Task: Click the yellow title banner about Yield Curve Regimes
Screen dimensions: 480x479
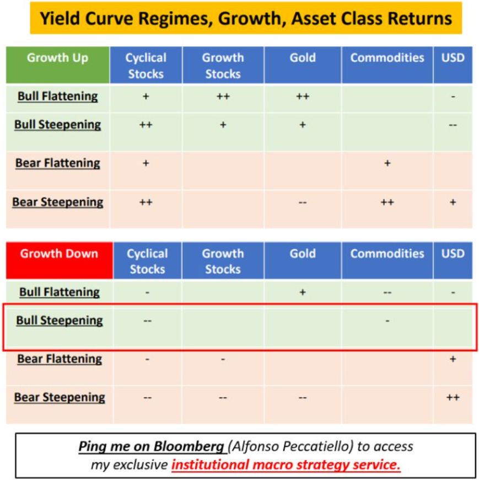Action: (x=245, y=18)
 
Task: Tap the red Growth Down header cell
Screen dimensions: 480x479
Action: (x=59, y=254)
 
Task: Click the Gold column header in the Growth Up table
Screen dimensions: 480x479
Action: (x=303, y=58)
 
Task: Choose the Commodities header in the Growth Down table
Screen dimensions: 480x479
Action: (x=387, y=254)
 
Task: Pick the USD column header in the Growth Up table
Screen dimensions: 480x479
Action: (x=453, y=58)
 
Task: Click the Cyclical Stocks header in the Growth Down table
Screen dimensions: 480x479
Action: (x=147, y=261)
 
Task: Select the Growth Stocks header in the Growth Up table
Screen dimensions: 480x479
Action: (x=223, y=65)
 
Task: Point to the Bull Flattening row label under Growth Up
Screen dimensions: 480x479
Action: (x=57, y=97)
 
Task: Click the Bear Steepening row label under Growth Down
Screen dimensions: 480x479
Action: (x=59, y=397)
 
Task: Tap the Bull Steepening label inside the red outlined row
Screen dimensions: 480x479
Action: (x=59, y=321)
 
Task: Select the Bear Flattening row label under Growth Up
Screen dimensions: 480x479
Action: (x=57, y=163)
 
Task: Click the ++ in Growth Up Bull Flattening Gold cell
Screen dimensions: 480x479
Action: (x=303, y=97)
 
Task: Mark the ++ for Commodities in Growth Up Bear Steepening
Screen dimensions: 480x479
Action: (x=387, y=202)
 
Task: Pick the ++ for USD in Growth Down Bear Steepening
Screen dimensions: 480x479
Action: (x=453, y=397)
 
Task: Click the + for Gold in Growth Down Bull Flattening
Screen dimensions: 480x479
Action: (x=303, y=292)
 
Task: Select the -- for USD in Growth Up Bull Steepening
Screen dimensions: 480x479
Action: (x=453, y=125)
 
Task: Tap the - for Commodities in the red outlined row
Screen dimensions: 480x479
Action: (x=387, y=321)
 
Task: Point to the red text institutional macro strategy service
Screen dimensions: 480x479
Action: (x=286, y=465)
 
